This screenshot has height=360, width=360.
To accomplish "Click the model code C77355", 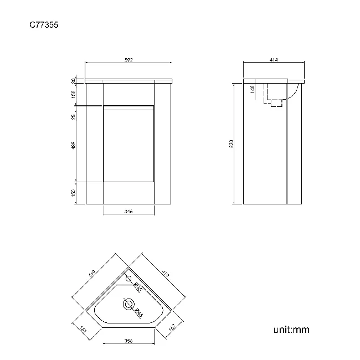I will [x=44, y=24].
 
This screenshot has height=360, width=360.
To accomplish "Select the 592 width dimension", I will [x=128, y=60].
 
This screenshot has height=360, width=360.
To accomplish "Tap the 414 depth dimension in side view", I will [x=273, y=60].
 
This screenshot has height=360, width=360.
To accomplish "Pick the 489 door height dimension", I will [x=74, y=146].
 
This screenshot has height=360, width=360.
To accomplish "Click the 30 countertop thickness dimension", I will [x=74, y=81].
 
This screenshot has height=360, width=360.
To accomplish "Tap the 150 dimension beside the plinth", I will [x=74, y=192].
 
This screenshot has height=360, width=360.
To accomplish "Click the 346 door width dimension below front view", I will [x=128, y=211].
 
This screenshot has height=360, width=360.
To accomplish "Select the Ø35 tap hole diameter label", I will [x=138, y=287].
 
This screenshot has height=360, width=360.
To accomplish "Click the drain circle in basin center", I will [x=128, y=304].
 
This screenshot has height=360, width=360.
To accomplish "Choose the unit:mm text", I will [x=291, y=330].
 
